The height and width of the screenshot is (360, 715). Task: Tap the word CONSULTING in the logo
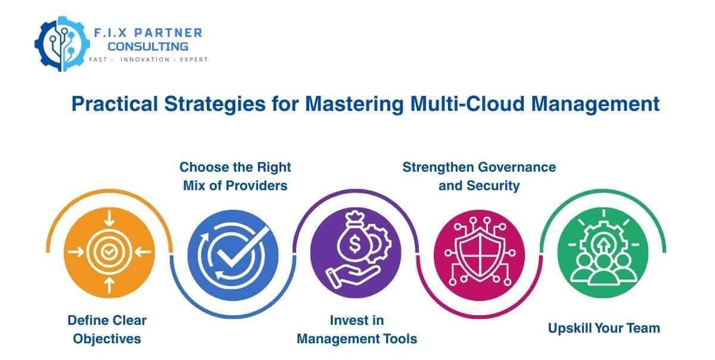tap(148, 46)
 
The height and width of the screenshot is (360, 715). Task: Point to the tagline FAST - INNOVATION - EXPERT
tap(148, 60)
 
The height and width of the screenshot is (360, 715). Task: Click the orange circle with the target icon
tap(108, 252)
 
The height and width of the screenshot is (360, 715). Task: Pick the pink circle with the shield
tap(480, 252)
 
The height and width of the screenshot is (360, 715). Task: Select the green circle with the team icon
tap(603, 252)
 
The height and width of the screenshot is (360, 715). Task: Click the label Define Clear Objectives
tap(107, 329)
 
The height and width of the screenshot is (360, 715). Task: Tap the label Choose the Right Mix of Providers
tap(235, 176)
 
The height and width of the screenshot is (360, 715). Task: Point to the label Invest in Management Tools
tap(357, 329)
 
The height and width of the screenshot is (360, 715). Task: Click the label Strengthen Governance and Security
tap(479, 176)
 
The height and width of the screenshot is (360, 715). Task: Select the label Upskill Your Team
tap(604, 328)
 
